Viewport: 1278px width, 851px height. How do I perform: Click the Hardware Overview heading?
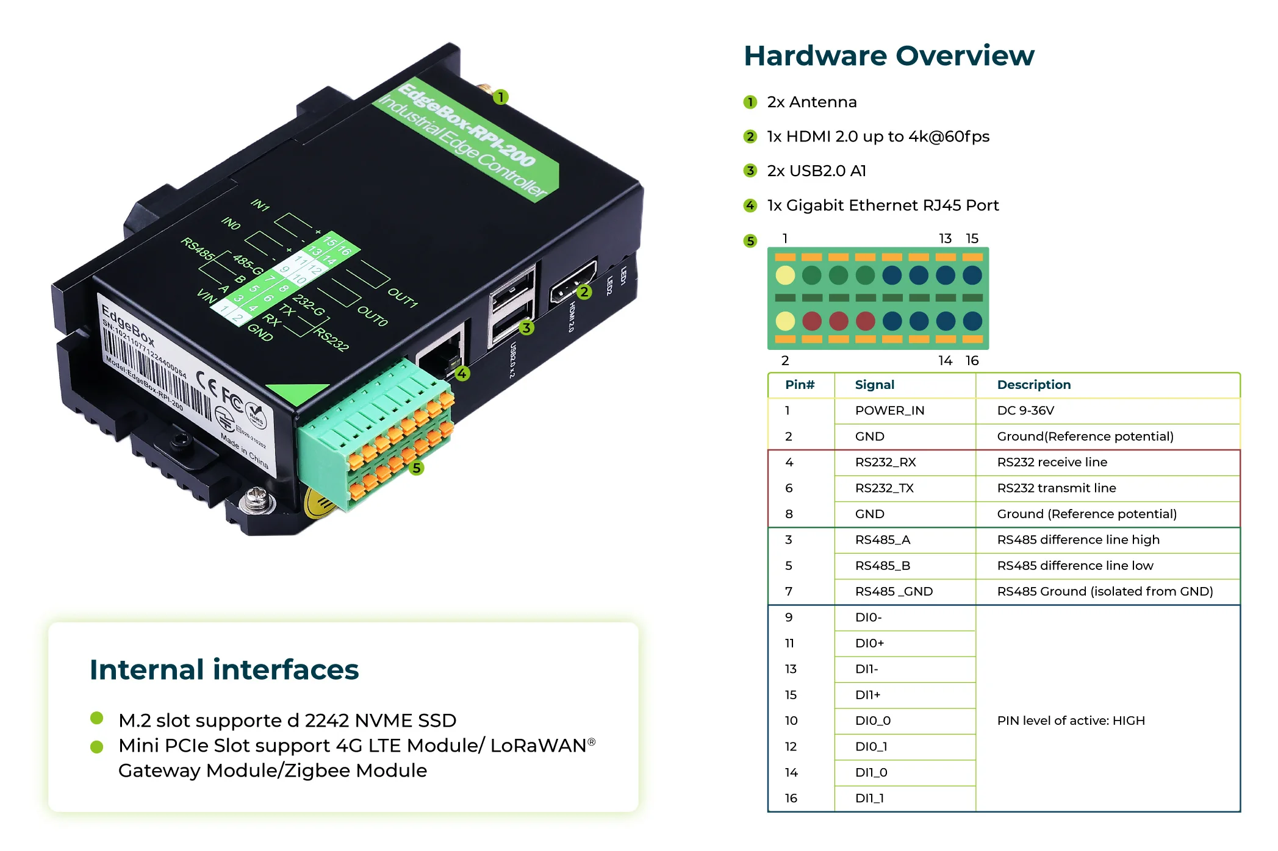coord(888,56)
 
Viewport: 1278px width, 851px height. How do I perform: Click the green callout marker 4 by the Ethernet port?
coord(462,373)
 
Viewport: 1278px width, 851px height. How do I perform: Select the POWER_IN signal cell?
coord(889,410)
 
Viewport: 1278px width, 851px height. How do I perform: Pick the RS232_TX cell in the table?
coord(884,488)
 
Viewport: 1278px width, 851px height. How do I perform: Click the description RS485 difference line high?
coord(1078,539)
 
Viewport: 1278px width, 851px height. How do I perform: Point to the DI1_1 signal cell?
coord(869,798)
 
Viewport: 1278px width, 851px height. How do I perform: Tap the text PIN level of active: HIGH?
coord(1071,721)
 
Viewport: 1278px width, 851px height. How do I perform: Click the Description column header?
coord(1033,385)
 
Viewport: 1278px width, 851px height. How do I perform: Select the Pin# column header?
coord(800,385)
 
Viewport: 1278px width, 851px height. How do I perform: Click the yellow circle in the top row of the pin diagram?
coord(785,275)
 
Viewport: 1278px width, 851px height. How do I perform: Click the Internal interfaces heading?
coord(224,669)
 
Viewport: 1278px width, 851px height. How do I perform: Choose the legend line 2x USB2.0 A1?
coord(816,171)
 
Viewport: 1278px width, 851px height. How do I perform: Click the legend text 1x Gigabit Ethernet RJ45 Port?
coord(883,205)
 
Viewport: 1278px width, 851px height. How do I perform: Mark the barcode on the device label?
coord(153,372)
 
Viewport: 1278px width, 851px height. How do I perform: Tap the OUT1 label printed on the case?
coord(403,297)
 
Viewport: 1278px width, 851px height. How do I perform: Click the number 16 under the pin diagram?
coord(972,361)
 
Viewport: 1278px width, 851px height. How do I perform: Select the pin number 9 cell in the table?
coord(789,618)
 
